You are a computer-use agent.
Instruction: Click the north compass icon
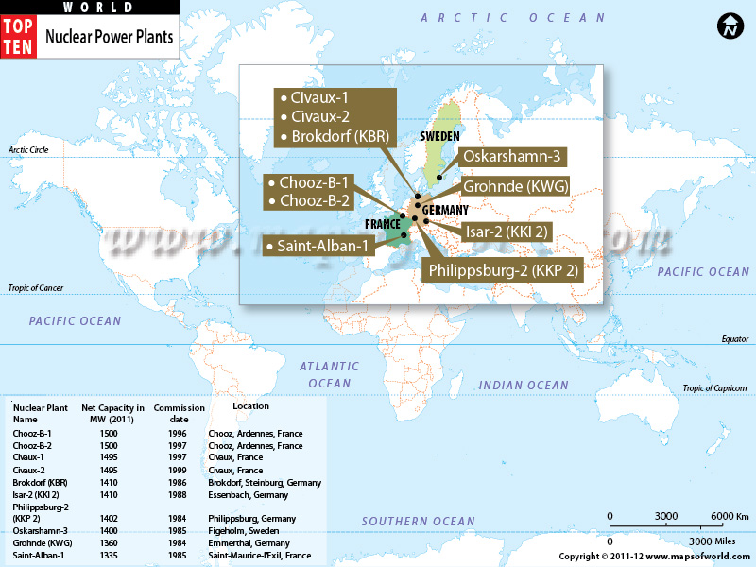tap(730, 27)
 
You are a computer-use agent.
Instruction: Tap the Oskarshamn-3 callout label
tap(513, 156)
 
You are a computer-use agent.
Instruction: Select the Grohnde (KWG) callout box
tap(515, 187)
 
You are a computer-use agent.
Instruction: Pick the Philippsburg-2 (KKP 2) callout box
tap(503, 270)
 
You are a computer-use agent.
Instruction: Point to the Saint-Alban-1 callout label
tap(320, 246)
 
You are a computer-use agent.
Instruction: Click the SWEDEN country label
tap(439, 136)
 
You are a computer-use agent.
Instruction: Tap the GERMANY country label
tap(445, 210)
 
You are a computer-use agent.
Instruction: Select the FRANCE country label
tap(384, 224)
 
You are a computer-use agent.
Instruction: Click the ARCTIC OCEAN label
tap(513, 18)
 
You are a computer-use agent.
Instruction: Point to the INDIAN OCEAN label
tap(524, 385)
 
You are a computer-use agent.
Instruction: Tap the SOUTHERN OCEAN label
tap(419, 522)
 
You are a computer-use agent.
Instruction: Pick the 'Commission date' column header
tap(179, 413)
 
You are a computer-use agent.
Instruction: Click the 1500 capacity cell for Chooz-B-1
tap(109, 433)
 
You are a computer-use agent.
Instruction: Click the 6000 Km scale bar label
tap(730, 515)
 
